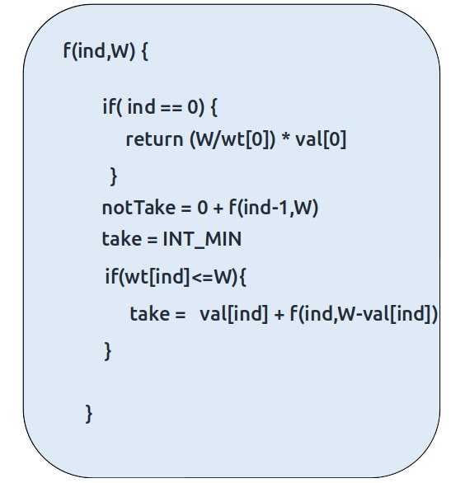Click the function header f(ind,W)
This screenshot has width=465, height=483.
(99, 51)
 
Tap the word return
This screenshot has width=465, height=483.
(155, 139)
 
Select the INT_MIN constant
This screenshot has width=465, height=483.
(202, 239)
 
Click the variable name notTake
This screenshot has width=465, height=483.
(139, 208)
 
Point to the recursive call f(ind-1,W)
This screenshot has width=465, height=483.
(274, 208)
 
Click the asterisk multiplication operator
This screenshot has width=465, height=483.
(285, 138)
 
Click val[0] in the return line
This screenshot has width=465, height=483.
(321, 139)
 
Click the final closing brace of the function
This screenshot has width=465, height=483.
(88, 414)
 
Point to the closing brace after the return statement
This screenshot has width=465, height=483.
(114, 176)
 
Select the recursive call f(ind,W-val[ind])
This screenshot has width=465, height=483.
(364, 314)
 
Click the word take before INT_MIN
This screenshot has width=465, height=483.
(122, 239)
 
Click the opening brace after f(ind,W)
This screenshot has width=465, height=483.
(144, 51)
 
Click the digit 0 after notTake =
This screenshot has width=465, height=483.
(203, 208)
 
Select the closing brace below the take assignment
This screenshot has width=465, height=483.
(107, 351)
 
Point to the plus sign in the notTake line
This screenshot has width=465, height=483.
(218, 209)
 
